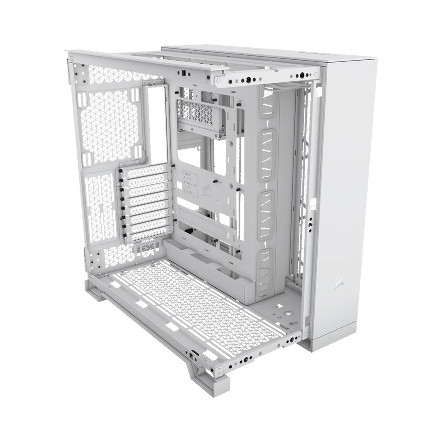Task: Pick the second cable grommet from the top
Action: pos(267,155)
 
